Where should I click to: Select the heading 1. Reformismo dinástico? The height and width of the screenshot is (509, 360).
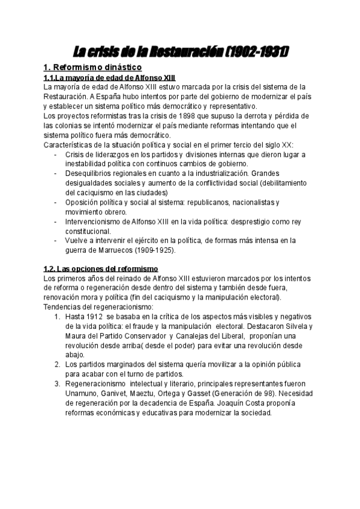(x=93, y=68)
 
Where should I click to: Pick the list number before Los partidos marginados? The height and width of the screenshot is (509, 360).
(x=57, y=364)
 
